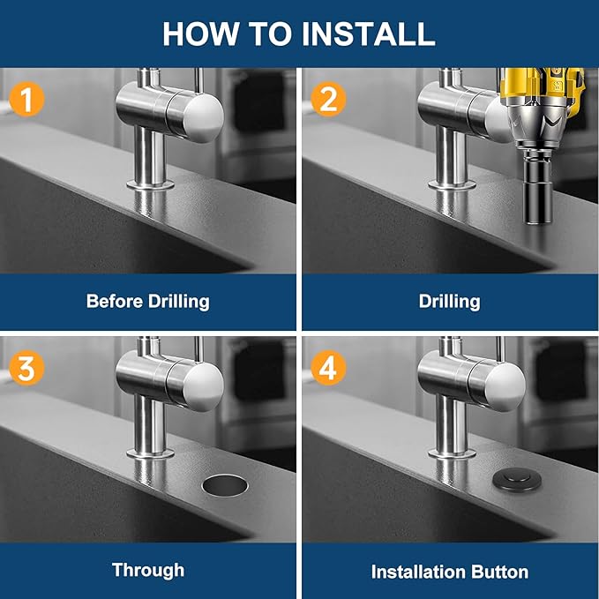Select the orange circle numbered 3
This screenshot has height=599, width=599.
tap(26, 368)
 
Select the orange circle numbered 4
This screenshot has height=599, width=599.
tap(327, 368)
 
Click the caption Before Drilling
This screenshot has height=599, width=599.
tap(147, 301)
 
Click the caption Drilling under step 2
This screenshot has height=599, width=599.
tap(449, 301)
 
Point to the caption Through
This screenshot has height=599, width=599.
tap(147, 570)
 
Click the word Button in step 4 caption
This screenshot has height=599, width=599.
tap(501, 571)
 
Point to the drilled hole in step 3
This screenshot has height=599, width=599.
tap(227, 483)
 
